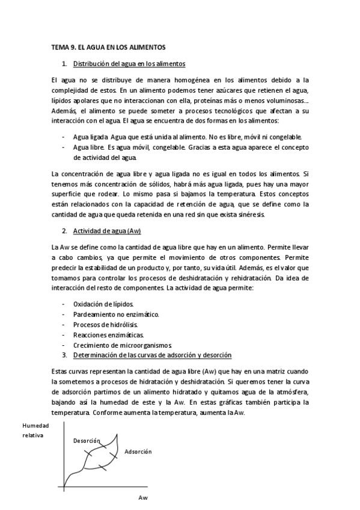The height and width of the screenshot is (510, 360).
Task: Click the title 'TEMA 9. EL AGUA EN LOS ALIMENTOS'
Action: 109,46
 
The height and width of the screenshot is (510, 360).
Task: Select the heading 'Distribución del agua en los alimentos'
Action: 129,63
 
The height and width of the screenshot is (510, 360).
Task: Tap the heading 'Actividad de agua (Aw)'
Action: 107,231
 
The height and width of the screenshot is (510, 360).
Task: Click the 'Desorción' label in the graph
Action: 87,441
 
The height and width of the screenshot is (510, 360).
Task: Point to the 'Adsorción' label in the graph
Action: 138,451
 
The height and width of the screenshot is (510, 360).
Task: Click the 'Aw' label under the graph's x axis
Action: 143,499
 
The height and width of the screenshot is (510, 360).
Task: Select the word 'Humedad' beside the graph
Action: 35,425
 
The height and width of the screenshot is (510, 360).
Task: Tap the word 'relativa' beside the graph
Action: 34,435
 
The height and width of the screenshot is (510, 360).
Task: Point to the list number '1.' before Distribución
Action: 65,63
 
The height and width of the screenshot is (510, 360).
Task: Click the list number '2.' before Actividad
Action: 65,231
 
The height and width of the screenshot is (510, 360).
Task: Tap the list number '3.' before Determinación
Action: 65,354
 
